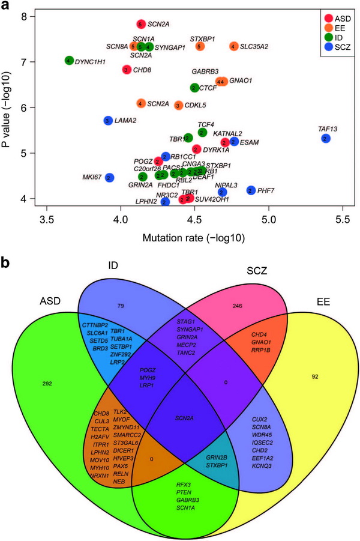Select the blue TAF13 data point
pyautogui.click(x=325, y=139)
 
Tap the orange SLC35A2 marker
pyautogui.click(x=234, y=46)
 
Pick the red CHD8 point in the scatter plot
pyautogui.click(x=126, y=70)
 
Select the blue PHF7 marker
pyautogui.click(x=251, y=190)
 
